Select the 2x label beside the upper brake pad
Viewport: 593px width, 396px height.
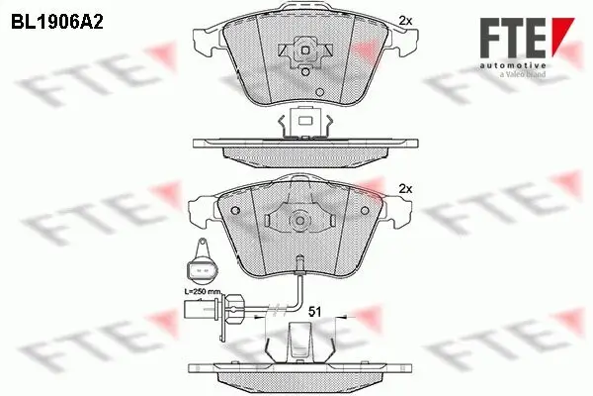click(x=403, y=20)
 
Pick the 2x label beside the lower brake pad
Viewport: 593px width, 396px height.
click(x=403, y=188)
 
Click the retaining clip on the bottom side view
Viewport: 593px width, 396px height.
click(x=302, y=343)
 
